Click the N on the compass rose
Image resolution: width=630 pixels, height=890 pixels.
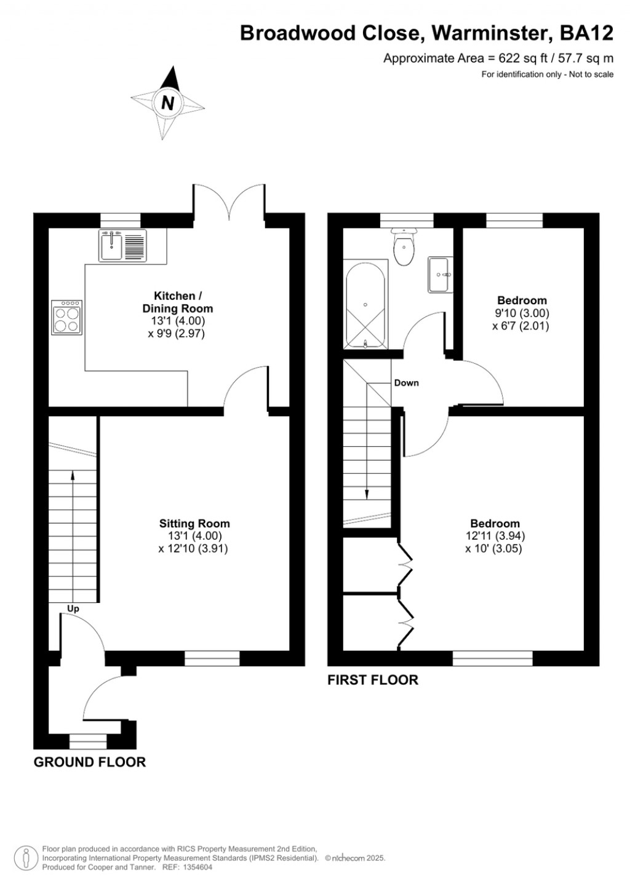pyautogui.click(x=167, y=103)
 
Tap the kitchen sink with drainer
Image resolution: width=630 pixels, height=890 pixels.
pyautogui.click(x=122, y=245)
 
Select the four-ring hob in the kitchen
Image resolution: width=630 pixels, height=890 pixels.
pyautogui.click(x=67, y=317)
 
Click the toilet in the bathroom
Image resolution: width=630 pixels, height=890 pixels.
pyautogui.click(x=404, y=248)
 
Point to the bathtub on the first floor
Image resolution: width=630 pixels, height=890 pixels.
pyautogui.click(x=365, y=304)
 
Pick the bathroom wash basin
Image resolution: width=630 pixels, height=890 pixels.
pyautogui.click(x=440, y=274)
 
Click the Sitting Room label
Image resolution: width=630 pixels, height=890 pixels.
pyautogui.click(x=194, y=524)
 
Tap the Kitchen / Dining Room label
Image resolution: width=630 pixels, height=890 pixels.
pyautogui.click(x=178, y=302)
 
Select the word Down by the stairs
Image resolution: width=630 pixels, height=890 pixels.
pyautogui.click(x=406, y=383)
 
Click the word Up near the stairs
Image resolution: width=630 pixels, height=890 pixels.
pyautogui.click(x=73, y=609)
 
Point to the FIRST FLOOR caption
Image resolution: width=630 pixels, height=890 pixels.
pyautogui.click(x=373, y=680)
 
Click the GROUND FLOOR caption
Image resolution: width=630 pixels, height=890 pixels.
pyautogui.click(x=90, y=762)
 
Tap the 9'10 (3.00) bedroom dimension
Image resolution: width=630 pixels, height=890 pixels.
pyautogui.click(x=522, y=313)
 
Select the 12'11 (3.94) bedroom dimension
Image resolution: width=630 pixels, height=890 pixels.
pyautogui.click(x=495, y=536)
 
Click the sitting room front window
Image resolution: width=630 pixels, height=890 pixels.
pyautogui.click(x=212, y=659)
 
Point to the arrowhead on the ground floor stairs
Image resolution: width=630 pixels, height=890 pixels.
pyautogui.click(x=73, y=475)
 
